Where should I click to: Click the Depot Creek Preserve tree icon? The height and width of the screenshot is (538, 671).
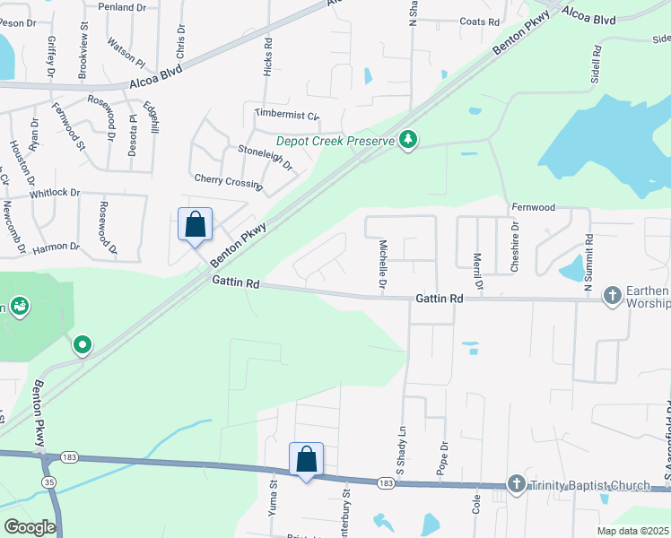(409, 139)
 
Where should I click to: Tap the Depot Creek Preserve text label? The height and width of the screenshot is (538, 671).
(335, 141)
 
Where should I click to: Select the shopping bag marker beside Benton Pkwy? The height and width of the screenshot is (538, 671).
(195, 225)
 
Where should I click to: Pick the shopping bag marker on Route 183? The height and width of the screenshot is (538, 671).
(306, 459)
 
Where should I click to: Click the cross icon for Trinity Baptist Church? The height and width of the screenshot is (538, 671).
(516, 484)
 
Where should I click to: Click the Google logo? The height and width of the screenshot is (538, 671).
(30, 526)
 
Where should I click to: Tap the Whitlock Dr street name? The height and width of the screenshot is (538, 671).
(55, 193)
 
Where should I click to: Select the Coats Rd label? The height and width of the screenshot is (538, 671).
(479, 22)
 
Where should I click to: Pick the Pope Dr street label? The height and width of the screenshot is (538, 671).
(443, 457)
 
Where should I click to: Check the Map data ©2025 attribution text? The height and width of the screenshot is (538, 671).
(633, 531)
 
